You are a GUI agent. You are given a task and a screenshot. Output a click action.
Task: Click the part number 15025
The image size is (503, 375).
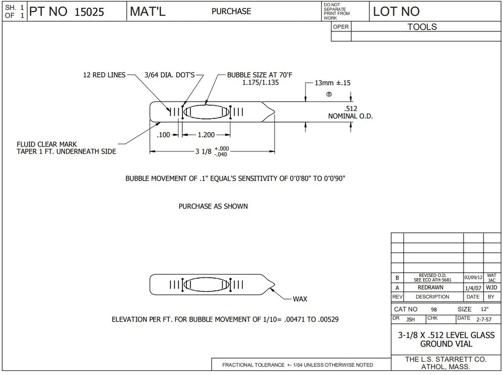click(90, 12)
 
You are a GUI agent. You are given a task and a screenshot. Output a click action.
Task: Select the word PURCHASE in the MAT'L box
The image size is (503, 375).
click(231, 11)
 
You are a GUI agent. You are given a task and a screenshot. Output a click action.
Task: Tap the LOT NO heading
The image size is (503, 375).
click(396, 12)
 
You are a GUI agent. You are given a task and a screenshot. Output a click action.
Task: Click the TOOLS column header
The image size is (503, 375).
click(422, 27)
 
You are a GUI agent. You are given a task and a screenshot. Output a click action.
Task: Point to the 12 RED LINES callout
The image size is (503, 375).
click(104, 75)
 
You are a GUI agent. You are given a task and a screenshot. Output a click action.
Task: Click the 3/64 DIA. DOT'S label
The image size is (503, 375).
click(169, 75)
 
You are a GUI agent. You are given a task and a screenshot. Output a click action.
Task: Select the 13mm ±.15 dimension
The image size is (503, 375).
click(332, 83)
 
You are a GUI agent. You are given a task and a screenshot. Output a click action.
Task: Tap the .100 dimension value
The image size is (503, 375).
click(164, 135)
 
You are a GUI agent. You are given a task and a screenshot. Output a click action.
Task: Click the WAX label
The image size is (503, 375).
click(300, 299)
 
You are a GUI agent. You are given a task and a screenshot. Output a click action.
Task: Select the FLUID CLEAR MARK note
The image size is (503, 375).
click(48, 144)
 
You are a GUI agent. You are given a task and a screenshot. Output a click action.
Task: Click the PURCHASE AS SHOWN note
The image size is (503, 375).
click(213, 206)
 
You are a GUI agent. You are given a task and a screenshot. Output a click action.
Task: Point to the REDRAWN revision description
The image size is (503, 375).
click(432, 288)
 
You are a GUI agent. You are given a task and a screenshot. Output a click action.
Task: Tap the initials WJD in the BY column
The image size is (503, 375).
click(491, 288)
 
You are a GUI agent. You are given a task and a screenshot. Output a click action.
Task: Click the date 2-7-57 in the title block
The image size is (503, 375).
click(483, 318)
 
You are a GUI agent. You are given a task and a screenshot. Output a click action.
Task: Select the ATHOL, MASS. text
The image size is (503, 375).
click(446, 368)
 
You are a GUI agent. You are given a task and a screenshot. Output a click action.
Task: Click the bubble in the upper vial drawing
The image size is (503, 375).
click(206, 112)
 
